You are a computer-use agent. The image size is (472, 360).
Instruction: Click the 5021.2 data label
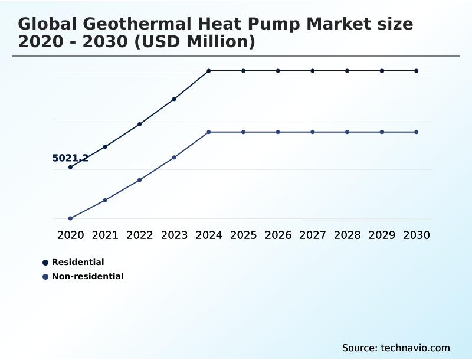[x=70, y=158]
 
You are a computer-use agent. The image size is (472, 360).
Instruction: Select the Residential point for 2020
[x=71, y=167]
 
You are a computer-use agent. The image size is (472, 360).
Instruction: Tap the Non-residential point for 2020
[x=71, y=218]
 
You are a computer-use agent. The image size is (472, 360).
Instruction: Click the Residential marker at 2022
[x=140, y=124]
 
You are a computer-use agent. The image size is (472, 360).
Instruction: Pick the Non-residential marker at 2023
[x=174, y=158]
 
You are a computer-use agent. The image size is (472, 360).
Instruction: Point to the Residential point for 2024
[x=209, y=71]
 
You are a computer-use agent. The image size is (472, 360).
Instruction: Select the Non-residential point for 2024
[x=209, y=132]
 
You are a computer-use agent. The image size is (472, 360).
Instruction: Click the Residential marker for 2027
[x=313, y=71]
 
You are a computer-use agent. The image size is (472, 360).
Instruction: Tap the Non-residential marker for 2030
[x=417, y=132]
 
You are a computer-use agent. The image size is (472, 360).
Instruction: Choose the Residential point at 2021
[x=105, y=146]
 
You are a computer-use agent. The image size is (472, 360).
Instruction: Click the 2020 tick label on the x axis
[x=71, y=235]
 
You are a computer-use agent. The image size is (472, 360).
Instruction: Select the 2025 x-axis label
[x=243, y=235]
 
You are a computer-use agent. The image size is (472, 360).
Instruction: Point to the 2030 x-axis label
[x=417, y=235]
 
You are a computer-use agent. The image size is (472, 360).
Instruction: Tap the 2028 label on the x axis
[x=347, y=235]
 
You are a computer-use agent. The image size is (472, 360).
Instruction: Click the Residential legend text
[x=78, y=262]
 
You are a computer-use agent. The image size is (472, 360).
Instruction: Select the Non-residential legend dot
[x=45, y=277]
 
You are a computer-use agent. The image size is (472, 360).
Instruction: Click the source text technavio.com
[x=415, y=348]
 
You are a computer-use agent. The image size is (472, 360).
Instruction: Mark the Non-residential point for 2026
[x=278, y=132]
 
